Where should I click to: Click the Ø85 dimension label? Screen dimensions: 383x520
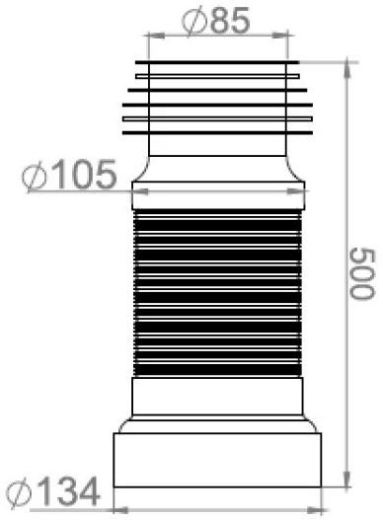pyautogui.click(x=216, y=21)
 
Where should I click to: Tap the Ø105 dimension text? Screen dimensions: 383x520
pyautogui.click(x=69, y=175)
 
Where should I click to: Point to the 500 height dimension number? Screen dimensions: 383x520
pyautogui.click(x=362, y=273)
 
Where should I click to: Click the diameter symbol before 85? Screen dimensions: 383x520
pyautogui.click(x=194, y=22)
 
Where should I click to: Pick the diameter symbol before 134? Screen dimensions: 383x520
pyautogui.click(x=19, y=493)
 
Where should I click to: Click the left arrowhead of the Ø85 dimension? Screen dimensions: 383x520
pyautogui.click(x=155, y=36)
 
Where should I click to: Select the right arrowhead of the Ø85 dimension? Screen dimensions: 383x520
pyautogui.click(x=280, y=36)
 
